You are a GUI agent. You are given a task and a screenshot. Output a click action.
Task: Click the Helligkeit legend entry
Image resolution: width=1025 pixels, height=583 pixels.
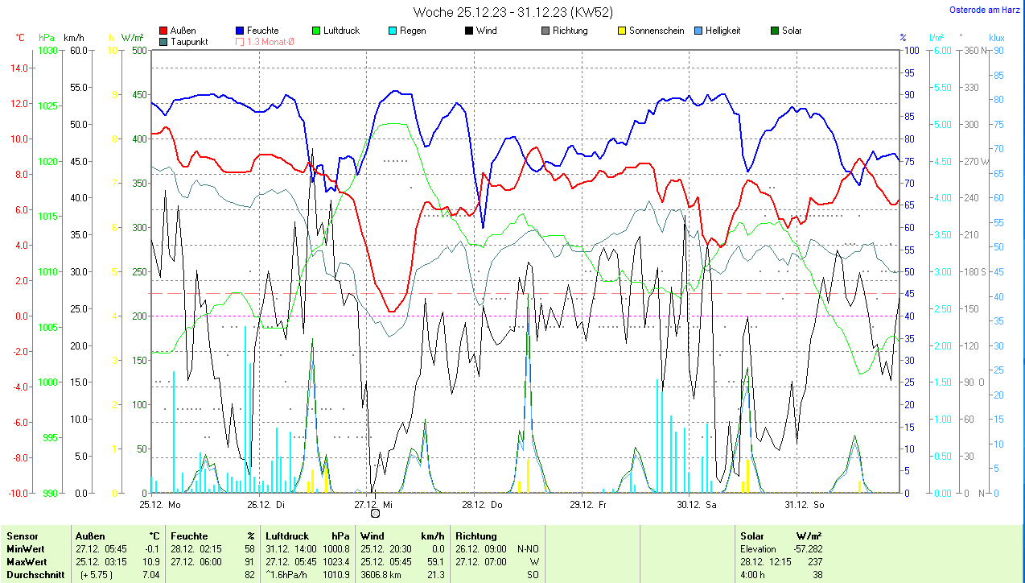click(x=722, y=31)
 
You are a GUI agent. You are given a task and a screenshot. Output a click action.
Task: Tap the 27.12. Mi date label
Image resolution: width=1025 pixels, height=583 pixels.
click(x=373, y=505)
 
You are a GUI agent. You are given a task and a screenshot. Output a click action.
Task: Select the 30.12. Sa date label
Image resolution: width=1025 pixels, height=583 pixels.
click(x=696, y=505)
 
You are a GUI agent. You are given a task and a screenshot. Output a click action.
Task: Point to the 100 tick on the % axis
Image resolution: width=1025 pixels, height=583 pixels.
click(x=911, y=50)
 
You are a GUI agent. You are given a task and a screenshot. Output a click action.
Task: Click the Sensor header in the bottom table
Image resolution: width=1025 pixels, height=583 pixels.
click(x=22, y=536)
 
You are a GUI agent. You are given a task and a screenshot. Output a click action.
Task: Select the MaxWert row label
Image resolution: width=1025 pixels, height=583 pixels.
click(x=27, y=561)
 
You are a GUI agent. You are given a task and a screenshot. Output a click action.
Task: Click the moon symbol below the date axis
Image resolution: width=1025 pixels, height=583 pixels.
click(x=375, y=513)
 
